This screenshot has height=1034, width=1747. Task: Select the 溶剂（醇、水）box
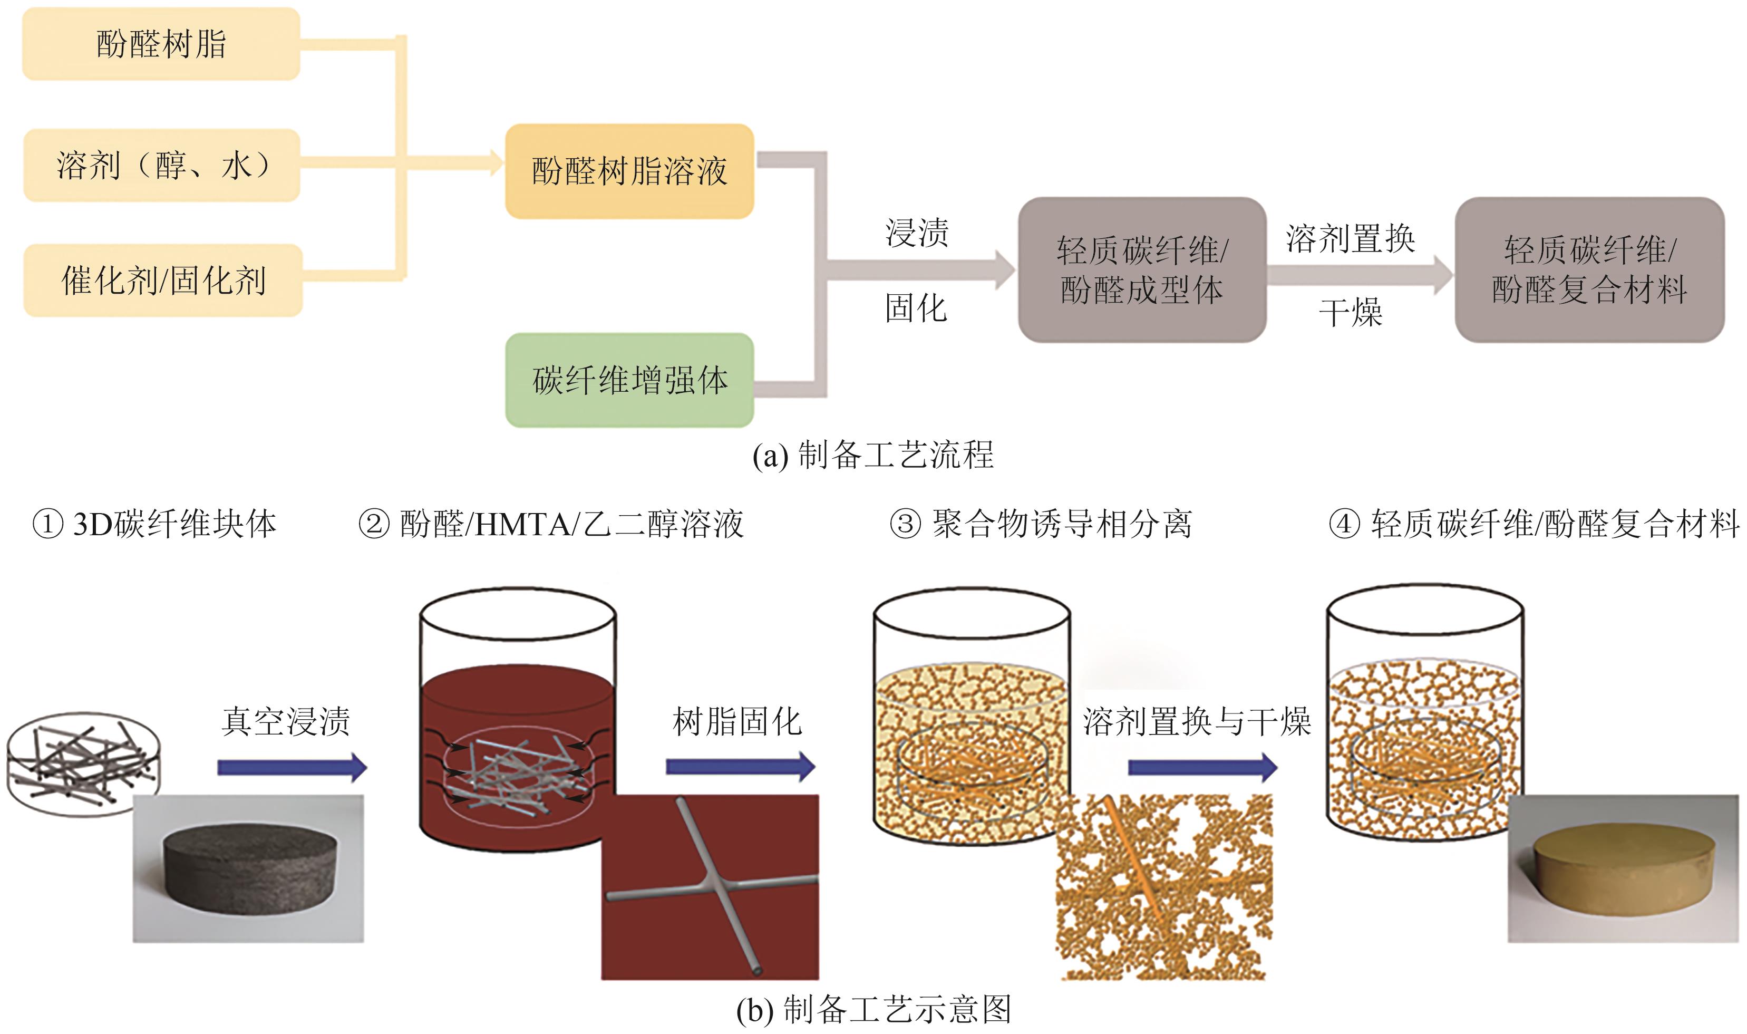point(162,165)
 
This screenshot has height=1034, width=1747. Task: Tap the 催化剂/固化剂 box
point(163,280)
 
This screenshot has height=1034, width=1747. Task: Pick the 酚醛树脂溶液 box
point(629,171)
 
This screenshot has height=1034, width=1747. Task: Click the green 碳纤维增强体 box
point(629,380)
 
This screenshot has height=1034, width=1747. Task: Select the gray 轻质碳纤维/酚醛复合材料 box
point(1589,269)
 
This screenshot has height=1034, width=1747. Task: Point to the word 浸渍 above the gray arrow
point(917,232)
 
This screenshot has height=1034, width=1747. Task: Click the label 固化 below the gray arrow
point(916,307)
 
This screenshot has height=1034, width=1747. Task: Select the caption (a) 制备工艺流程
point(873,455)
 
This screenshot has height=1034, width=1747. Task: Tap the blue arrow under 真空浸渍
point(291,767)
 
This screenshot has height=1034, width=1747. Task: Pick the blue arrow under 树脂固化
point(740,767)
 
